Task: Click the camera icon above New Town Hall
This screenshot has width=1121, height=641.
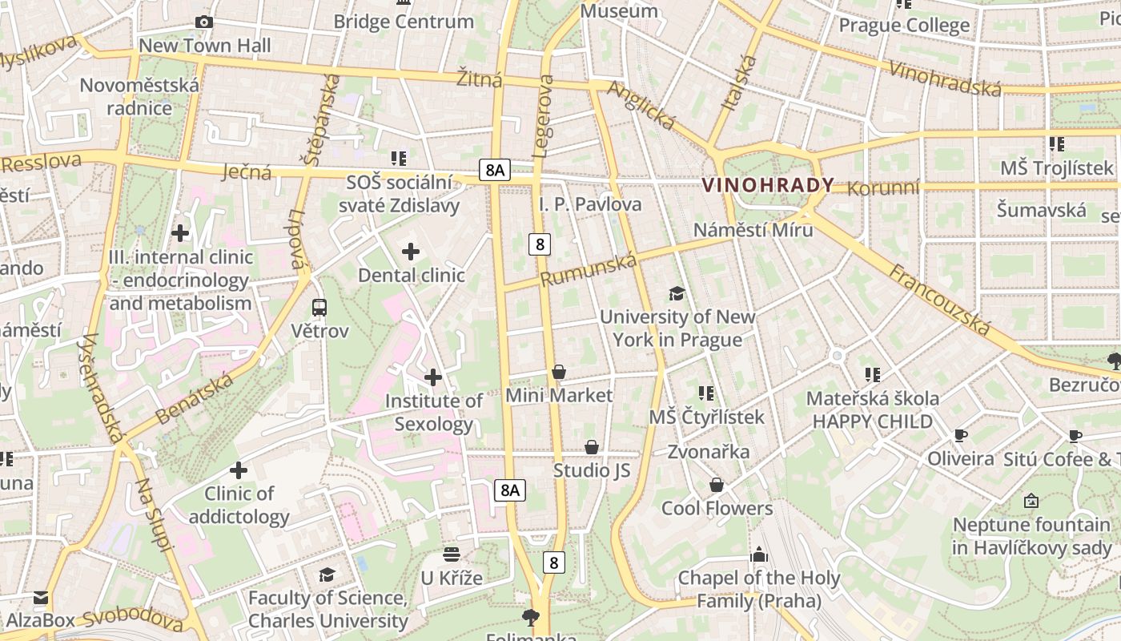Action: pos(204,22)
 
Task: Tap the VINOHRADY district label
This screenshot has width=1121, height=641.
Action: pos(768,185)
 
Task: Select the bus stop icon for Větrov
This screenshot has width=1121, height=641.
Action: pos(319,307)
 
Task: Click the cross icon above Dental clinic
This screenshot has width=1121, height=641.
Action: pos(411,252)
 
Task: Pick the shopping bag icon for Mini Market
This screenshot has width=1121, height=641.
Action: pos(559,372)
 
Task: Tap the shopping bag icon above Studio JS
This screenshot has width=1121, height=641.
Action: pos(592,447)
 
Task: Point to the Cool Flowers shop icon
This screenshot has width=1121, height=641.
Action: pos(717,485)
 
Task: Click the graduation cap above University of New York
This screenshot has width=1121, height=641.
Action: pos(677,293)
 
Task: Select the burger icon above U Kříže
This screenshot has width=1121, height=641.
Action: pos(452,554)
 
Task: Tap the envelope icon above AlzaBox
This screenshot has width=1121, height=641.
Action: pos(41,597)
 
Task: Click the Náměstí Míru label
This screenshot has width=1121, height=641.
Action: pos(753,230)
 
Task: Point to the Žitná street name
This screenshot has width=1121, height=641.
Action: pos(480,79)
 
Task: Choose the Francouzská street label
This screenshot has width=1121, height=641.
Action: pos(939,300)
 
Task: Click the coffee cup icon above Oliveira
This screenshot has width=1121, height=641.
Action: pos(960,436)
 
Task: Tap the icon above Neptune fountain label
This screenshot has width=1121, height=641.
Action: pos(1031,502)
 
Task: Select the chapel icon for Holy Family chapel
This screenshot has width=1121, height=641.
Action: pos(758,554)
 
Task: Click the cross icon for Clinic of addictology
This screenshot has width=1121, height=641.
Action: pos(238,470)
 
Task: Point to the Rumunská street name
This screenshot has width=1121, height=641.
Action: pos(589,269)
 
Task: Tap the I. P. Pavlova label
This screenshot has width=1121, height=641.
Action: pos(590,204)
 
